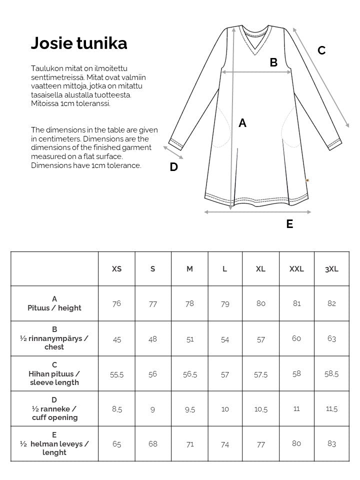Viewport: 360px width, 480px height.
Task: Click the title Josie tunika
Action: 79,43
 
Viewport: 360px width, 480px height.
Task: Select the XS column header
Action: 116,269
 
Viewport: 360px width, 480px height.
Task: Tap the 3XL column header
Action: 331,269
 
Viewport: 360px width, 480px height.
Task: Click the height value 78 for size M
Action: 189,303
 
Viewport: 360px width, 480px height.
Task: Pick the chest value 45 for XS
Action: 117,339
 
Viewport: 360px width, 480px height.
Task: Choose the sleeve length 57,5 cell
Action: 260,374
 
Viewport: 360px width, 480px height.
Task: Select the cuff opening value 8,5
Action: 117,409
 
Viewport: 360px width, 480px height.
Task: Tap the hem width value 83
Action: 331,444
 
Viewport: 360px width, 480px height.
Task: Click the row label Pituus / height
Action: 54,308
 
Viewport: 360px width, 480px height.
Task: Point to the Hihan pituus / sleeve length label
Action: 54,378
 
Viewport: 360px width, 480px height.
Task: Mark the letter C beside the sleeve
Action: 321,50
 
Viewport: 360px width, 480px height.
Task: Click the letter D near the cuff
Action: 173,167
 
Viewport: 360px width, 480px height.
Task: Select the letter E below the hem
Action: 289,224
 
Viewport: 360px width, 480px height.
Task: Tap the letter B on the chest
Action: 273,62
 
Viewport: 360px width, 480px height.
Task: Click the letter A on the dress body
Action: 242,123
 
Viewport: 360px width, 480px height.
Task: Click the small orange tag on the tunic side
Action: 307,180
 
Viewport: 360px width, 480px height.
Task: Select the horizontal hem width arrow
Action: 257,212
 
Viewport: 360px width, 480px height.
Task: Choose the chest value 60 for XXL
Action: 296,339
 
